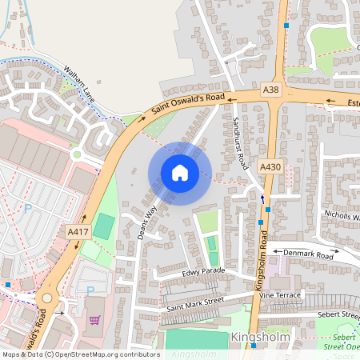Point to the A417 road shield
(78, 231)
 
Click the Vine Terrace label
(281, 295)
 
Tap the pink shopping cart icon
(94, 320)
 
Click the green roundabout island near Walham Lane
(77, 154)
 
